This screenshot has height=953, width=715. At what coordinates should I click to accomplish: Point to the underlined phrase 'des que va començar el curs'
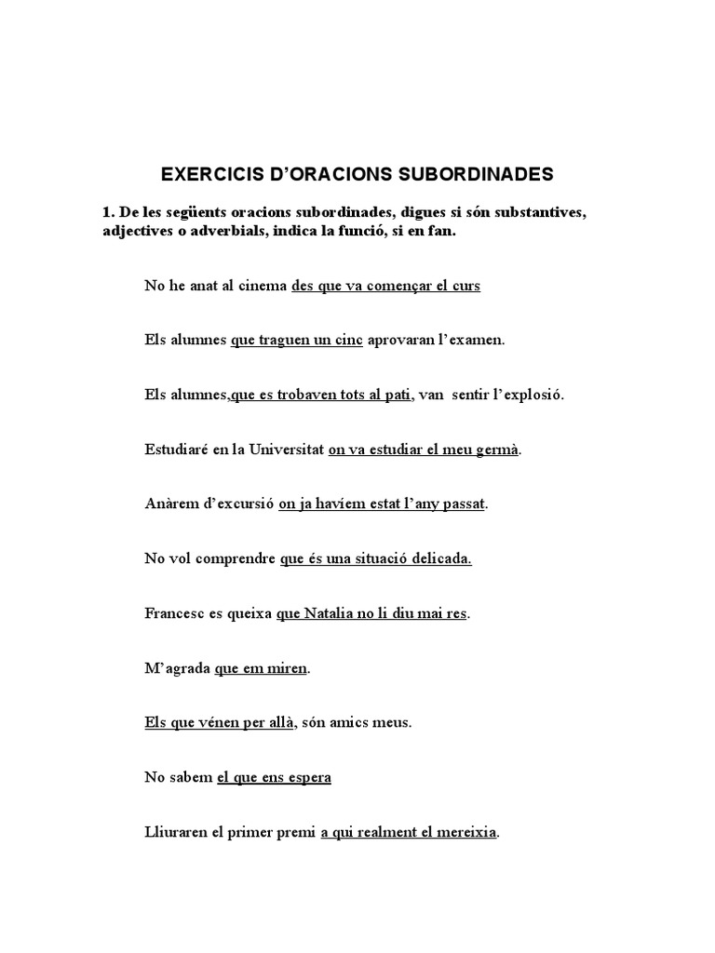tap(385, 286)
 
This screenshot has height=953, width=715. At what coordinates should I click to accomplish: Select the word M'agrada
tap(177, 668)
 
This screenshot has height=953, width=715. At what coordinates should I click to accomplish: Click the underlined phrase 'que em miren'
tap(261, 668)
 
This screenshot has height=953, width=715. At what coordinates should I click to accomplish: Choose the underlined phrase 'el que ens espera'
tap(274, 777)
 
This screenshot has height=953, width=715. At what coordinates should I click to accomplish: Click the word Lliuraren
tap(175, 832)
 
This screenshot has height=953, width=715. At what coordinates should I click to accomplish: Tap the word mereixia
tap(465, 832)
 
